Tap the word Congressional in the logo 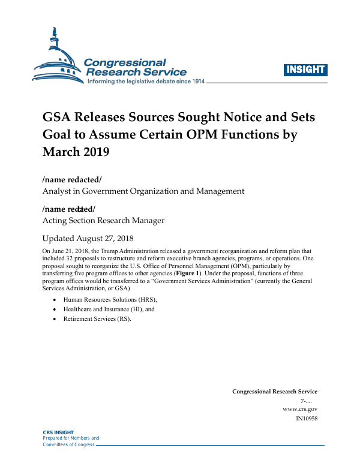125,62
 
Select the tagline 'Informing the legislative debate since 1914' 146,81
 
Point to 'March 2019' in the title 76,152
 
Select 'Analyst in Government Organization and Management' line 143,191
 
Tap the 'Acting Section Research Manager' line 103,220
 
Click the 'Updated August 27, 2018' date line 88,238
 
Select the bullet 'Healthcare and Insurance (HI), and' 109,309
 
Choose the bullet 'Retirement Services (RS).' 97,319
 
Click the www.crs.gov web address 299,409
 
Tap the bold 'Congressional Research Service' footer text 275,392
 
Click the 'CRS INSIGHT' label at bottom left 58,432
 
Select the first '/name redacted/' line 68,180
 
